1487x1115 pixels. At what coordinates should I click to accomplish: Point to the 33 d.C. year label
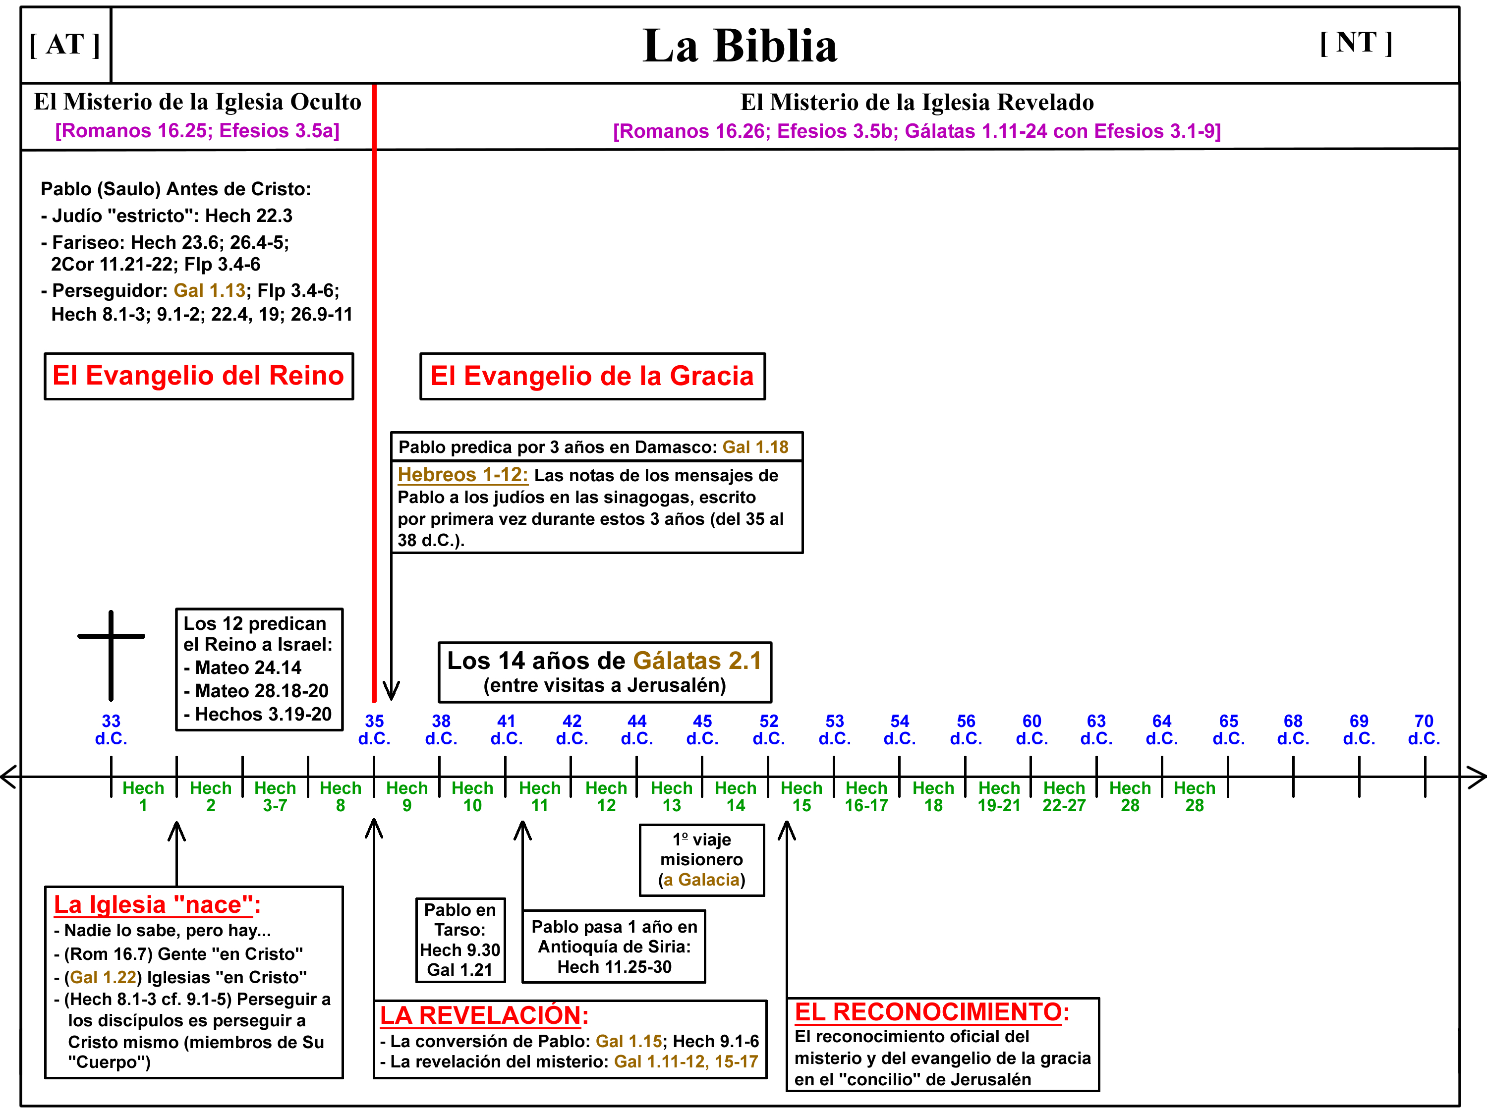111,729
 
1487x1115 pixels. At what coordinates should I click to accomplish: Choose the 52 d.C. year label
768,729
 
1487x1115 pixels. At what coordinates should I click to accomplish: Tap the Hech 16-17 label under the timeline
866,796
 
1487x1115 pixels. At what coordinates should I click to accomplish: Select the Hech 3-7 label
275,796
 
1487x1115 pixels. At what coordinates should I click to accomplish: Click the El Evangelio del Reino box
198,376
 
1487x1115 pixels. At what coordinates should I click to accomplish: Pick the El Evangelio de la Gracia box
592,376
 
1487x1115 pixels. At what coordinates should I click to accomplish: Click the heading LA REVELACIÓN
483,1015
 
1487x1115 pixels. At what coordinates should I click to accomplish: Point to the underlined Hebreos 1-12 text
462,475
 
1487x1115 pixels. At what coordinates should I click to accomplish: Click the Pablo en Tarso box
460,940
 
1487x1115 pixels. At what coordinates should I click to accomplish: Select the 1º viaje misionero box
701,860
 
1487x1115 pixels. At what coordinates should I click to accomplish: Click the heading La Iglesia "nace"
157,904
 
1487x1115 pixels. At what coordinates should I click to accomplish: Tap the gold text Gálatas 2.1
696,661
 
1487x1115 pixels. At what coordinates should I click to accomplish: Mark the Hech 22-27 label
1064,796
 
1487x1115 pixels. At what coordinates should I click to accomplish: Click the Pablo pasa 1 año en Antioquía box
614,947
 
